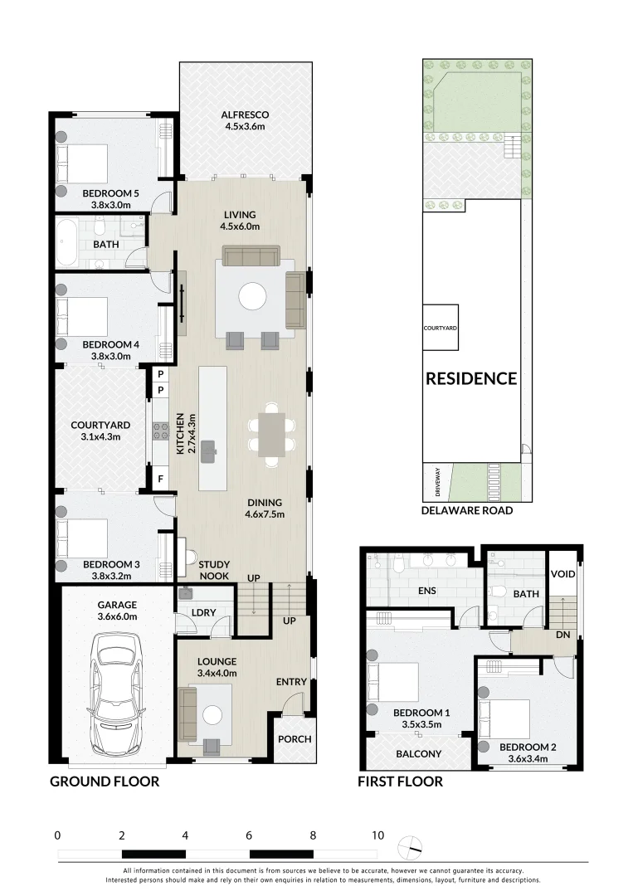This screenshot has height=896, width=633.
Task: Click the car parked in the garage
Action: [x=117, y=689]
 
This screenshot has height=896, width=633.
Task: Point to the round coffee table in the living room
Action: [x=252, y=296]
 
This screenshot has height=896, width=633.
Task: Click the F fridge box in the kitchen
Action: [x=159, y=477]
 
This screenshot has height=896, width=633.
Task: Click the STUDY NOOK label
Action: [x=214, y=570]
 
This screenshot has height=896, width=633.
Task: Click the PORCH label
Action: [x=295, y=739]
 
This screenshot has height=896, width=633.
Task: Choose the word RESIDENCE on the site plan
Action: [x=471, y=379]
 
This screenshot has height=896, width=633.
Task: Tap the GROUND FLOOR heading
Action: [x=105, y=782]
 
